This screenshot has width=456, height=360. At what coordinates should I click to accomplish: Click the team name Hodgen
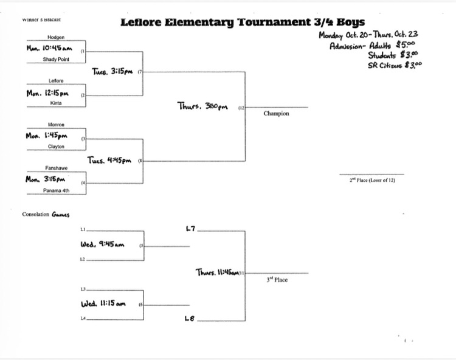[x=55, y=38]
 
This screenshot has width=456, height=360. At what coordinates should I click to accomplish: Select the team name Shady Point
[x=55, y=60]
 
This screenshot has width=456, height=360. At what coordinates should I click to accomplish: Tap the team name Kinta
[x=55, y=103]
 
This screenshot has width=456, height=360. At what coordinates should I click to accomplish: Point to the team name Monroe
[x=55, y=124]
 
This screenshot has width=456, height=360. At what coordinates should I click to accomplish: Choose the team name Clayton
[x=55, y=147]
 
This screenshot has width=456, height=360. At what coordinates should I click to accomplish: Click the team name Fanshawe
[x=55, y=168]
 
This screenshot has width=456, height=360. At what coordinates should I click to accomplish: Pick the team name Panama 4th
[x=55, y=190]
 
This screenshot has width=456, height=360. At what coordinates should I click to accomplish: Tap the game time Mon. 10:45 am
[x=49, y=48]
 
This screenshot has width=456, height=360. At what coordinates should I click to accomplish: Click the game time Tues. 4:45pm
[x=109, y=161]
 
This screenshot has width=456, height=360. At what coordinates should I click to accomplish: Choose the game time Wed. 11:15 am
[x=103, y=303]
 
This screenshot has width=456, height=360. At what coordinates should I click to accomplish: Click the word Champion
[x=276, y=113]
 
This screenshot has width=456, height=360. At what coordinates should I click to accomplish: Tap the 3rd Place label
[x=277, y=280]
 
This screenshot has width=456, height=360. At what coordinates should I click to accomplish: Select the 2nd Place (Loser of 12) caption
[x=371, y=180]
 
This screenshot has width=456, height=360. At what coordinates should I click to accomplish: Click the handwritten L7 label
[x=190, y=229]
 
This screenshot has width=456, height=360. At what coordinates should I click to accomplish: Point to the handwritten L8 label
[x=190, y=318]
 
